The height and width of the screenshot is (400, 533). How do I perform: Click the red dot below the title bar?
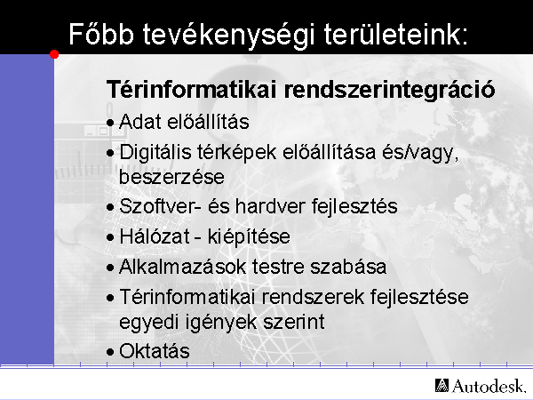[54, 54]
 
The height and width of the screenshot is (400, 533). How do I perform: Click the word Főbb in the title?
[101, 34]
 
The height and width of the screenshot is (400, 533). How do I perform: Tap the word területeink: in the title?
[395, 34]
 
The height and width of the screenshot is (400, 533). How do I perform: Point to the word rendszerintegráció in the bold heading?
[390, 90]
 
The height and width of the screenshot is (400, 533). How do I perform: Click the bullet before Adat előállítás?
[110, 123]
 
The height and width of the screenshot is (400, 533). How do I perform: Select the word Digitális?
[155, 152]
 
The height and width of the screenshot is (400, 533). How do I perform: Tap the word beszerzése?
[171, 177]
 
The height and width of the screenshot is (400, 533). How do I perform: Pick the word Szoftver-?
[160, 206]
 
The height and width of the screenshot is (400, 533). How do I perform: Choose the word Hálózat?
[155, 236]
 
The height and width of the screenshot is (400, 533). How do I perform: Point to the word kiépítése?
[249, 237]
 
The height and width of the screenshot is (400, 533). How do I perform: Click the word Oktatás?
[155, 351]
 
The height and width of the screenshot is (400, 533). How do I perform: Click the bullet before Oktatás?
[110, 352]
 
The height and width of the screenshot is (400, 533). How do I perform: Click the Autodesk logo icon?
[442, 386]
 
